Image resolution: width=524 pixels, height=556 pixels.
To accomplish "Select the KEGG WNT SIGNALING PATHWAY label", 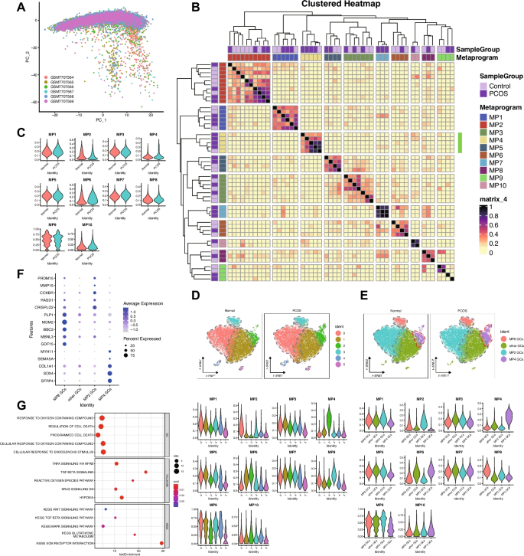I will (67, 509).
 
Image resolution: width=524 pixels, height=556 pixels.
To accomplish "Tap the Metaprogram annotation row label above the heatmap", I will (452, 57).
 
